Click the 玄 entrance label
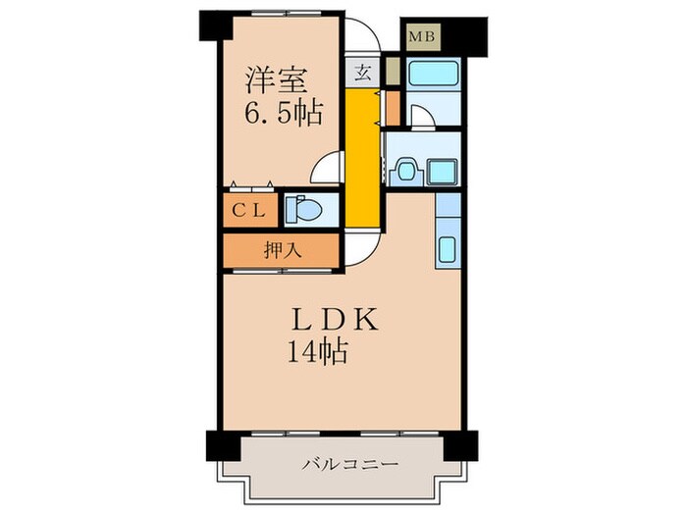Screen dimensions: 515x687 tap(362, 72)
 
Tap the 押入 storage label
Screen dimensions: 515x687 tap(283, 249)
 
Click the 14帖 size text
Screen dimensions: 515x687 tap(316, 351)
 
